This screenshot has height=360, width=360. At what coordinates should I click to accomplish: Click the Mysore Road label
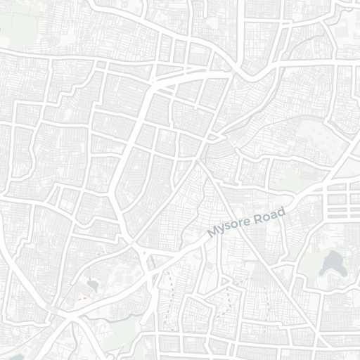(x=247, y=222)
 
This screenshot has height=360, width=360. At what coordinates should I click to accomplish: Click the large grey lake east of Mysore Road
(x=330, y=264)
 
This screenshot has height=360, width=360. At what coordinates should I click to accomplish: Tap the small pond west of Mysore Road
(x=93, y=285)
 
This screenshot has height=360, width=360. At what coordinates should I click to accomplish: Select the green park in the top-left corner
(x=18, y=25)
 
